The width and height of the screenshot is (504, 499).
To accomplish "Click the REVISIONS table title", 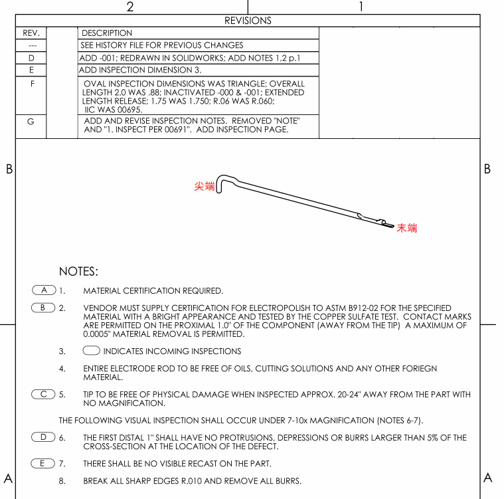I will click(248, 21).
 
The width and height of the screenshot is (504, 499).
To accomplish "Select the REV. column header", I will click(31, 33).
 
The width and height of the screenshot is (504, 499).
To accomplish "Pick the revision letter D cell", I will click(31, 58).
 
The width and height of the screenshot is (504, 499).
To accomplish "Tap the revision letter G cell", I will click(31, 122).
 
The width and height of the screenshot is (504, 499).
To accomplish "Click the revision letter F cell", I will click(31, 84).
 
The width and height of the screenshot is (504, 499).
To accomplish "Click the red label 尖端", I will click(204, 187).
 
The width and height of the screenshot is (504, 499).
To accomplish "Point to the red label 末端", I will click(407, 228).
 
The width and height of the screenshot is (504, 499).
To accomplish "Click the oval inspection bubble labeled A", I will click(44, 290).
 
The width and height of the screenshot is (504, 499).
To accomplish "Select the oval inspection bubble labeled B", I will click(44, 308).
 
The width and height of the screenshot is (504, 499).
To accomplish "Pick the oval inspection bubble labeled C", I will click(44, 394).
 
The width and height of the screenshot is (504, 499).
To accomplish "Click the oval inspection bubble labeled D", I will click(44, 437).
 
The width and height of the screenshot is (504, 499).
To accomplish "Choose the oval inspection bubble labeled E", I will click(44, 462).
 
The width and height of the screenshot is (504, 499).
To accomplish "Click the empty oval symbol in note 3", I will click(92, 351).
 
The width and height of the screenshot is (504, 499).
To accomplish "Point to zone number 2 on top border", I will click(130, 7).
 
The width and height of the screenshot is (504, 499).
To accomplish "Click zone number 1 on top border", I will click(361, 7).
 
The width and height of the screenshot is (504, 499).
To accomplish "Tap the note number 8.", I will click(62, 480).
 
